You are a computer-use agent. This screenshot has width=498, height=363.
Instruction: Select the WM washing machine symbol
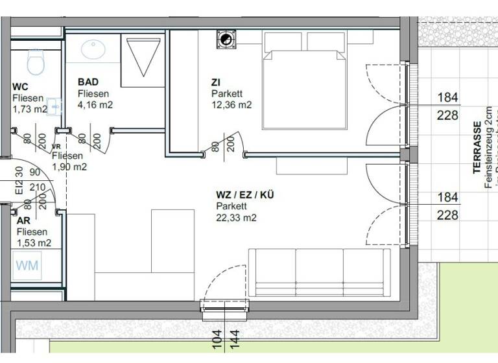point(27,265)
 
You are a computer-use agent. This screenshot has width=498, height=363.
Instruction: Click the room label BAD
point(88,82)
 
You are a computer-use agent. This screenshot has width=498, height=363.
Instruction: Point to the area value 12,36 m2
point(231,104)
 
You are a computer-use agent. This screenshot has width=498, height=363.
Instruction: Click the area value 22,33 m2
point(236,218)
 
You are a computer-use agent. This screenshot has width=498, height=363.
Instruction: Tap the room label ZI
point(217,82)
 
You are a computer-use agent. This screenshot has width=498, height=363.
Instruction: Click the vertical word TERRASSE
point(477,148)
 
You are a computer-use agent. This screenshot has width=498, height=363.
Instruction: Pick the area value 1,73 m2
point(30,109)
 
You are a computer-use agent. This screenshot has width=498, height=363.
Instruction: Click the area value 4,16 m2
point(95,104)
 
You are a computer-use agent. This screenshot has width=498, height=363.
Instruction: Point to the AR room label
point(23,220)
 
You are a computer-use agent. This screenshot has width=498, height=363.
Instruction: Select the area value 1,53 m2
point(34,242)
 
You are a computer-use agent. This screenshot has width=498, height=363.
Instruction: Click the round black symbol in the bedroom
point(227,40)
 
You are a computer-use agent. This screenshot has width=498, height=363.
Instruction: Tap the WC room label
point(20,86)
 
